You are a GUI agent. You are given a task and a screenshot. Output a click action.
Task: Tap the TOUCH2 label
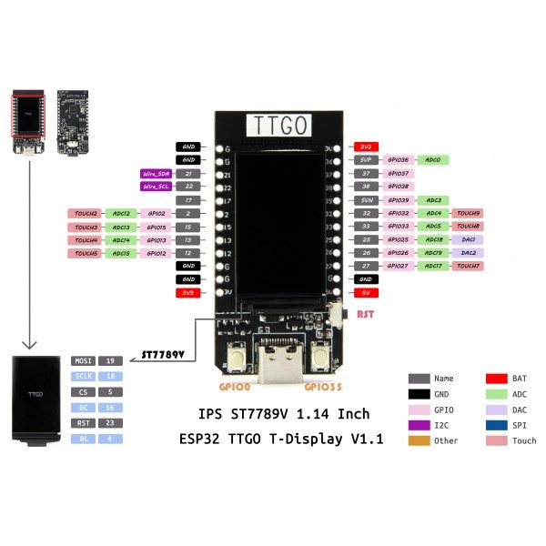pos(86,213)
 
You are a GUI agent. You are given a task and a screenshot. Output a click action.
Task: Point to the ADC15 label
pos(121,253)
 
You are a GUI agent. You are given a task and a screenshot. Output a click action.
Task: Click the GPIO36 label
pos(399,159)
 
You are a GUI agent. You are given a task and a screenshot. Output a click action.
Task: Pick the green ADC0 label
pos(433,159)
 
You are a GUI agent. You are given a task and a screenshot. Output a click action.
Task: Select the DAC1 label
pos(468,239)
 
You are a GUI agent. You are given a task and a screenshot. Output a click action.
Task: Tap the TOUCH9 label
pos(468,213)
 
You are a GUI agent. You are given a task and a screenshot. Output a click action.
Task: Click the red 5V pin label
pos(365,293)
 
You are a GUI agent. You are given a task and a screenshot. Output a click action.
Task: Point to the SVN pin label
pos(365,199)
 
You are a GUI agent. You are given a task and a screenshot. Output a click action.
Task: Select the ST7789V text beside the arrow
pos(163,353)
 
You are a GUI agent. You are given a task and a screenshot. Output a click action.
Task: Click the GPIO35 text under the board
pos(324,386)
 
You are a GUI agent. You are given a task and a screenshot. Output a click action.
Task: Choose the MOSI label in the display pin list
pos(81,361)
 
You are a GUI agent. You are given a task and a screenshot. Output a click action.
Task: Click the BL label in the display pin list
pos(81,439)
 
